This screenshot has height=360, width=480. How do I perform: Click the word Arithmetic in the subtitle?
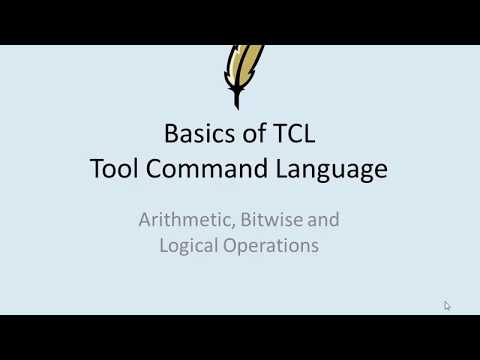[180, 219]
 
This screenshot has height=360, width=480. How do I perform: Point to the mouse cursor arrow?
[447, 306]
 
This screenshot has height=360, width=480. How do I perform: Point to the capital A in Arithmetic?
[144, 219]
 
